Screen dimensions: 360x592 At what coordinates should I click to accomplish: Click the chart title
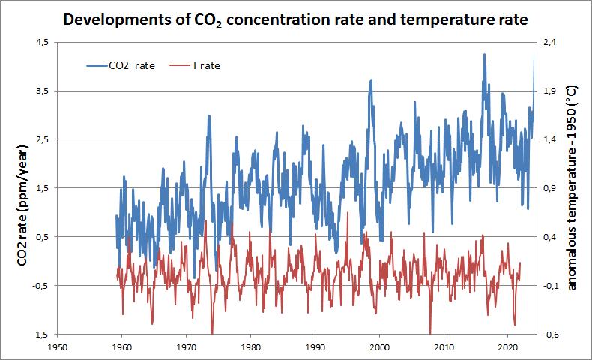click(296, 19)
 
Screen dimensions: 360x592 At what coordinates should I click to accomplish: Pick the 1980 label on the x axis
click(250, 347)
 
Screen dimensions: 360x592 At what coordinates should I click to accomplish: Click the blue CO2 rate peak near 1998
click(371, 80)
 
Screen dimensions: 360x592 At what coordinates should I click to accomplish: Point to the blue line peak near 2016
click(485, 55)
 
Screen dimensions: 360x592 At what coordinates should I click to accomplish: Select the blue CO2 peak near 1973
click(208, 116)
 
